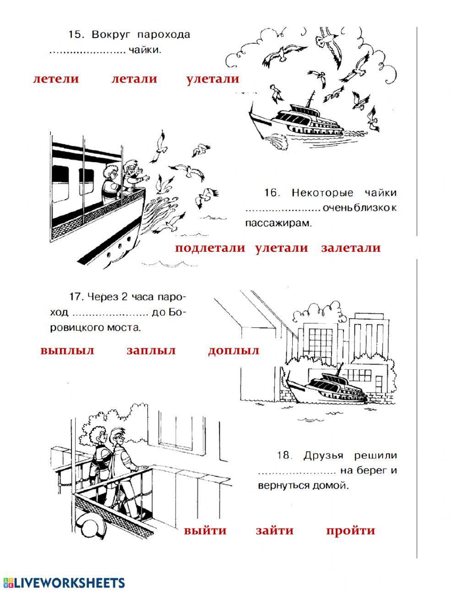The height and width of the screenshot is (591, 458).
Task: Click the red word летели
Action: [56, 79]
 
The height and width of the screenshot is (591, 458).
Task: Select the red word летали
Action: [134, 79]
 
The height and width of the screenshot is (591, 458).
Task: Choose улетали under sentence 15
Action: [213, 79]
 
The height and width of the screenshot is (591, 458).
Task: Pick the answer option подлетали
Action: [210, 248]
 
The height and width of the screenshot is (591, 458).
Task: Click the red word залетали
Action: [351, 248]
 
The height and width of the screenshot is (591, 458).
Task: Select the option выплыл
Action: [67, 351]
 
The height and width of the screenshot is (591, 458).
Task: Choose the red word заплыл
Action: [151, 351]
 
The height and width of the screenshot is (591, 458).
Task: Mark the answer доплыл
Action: [234, 351]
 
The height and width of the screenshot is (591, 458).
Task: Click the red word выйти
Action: [205, 531]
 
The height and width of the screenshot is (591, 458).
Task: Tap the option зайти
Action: [274, 531]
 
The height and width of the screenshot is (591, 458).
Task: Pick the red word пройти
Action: [350, 531]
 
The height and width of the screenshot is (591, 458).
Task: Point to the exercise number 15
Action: [74, 35]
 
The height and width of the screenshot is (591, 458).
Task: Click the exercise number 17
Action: [75, 297]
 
